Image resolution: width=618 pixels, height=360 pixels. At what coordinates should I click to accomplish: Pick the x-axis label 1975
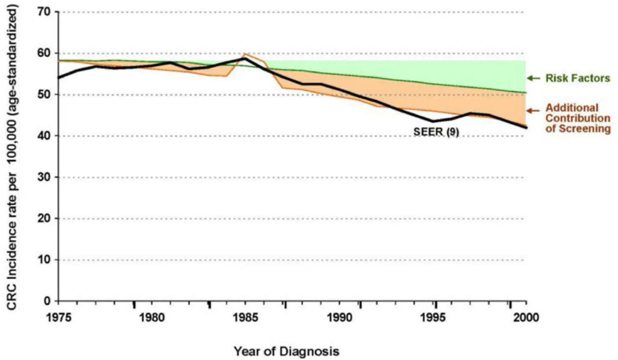coord(59,317)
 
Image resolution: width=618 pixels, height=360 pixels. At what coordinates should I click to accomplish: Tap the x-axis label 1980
coord(152,317)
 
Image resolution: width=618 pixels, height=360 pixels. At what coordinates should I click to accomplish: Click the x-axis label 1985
coord(246,317)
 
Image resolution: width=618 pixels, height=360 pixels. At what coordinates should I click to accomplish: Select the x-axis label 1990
coord(339,317)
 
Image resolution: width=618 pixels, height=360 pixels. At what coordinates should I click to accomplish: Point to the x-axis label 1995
coord(433,317)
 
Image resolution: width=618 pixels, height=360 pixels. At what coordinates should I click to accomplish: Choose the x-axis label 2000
coord(526,317)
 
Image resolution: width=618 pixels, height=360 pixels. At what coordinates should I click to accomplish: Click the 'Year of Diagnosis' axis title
coord(286,351)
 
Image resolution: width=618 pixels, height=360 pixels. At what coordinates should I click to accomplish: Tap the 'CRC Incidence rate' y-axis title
coord(12,159)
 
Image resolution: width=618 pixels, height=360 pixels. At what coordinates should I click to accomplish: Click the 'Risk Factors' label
coord(578,78)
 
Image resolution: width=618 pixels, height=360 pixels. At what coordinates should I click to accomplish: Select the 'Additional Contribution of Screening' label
coord(578,118)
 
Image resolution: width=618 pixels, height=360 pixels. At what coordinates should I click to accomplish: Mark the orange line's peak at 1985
coord(245,54)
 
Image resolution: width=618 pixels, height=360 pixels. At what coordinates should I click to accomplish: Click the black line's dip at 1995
coord(433,121)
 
